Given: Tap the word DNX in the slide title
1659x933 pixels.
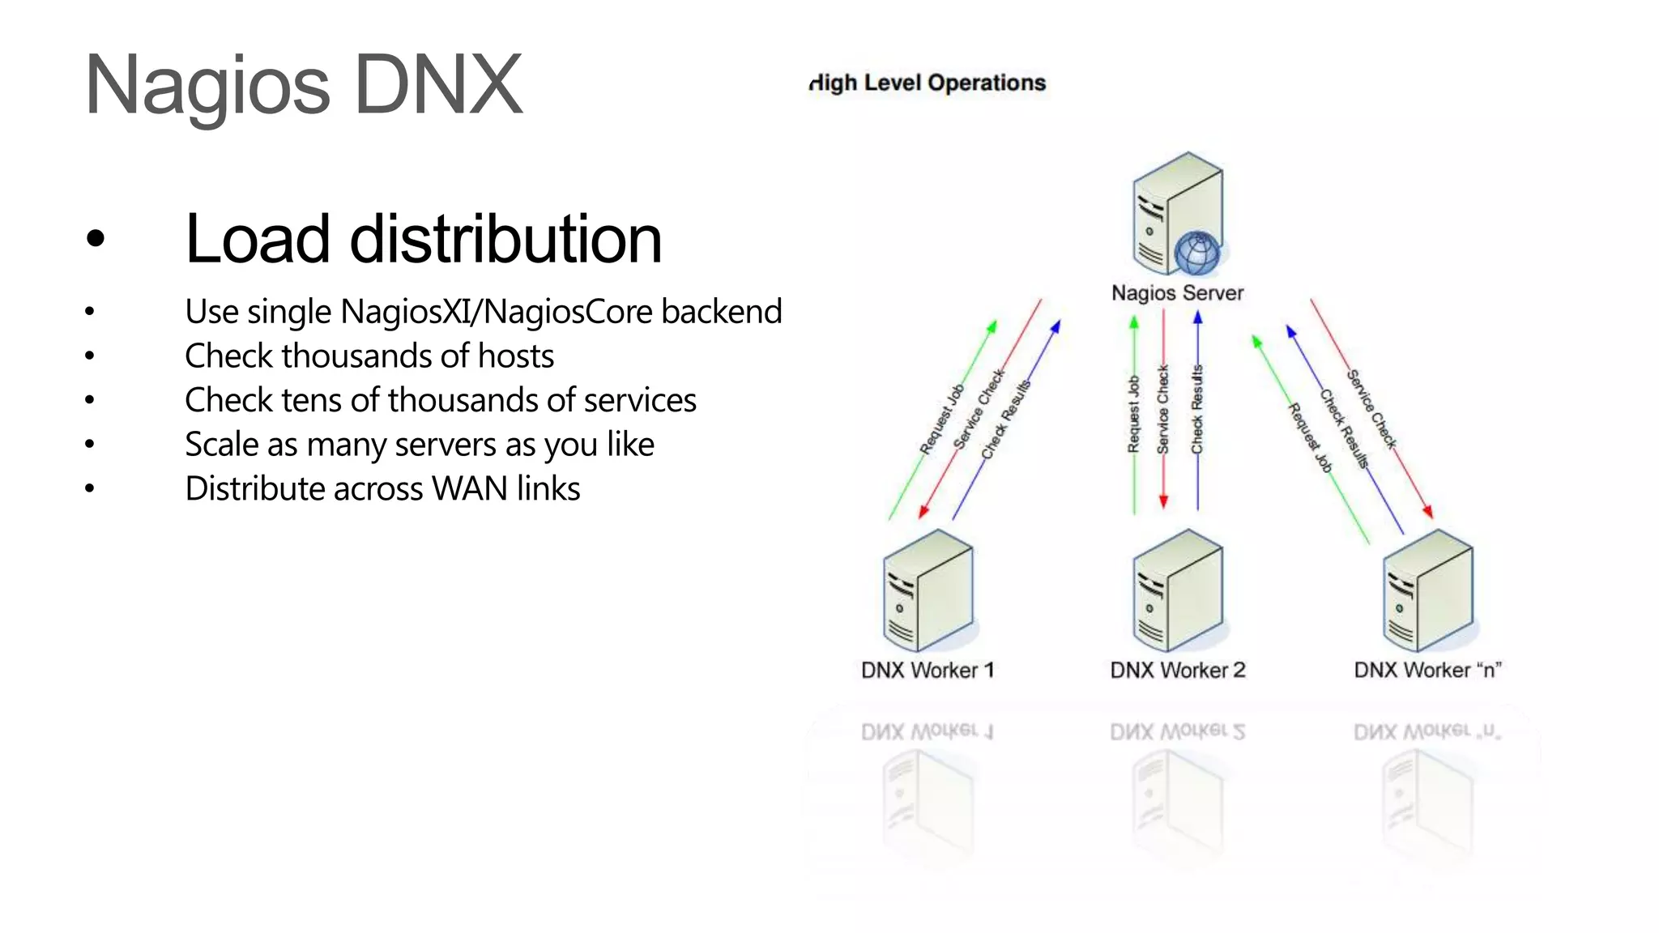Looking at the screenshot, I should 438,84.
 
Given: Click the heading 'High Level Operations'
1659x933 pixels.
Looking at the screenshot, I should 928,83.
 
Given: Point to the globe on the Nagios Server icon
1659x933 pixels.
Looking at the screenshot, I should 1197,253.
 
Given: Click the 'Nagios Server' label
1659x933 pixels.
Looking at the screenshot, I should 1177,292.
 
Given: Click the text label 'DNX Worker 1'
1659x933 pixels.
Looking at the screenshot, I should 928,671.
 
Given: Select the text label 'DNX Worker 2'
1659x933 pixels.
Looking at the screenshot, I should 1177,671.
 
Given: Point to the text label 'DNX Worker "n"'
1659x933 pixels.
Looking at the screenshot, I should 1427,671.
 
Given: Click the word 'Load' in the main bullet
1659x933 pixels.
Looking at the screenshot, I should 258,239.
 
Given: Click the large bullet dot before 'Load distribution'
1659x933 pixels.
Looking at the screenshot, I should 96,239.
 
